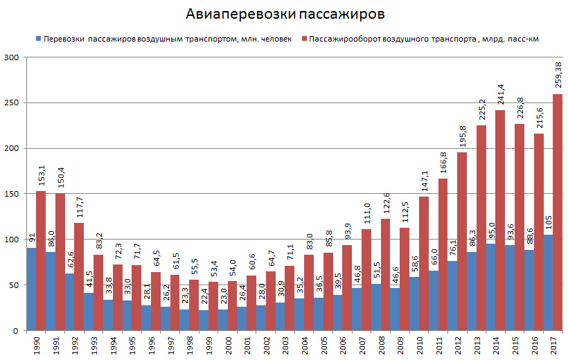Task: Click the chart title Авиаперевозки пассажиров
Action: tap(285, 15)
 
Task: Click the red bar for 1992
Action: tap(79, 276)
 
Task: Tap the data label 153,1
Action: tap(41, 174)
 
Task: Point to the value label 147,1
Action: tap(423, 179)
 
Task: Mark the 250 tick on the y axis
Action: tap(12, 103)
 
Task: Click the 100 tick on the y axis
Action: tap(12, 240)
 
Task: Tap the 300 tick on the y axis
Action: tap(12, 57)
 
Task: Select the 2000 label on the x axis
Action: tap(223, 345)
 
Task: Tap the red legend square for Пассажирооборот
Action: tap(305, 39)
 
